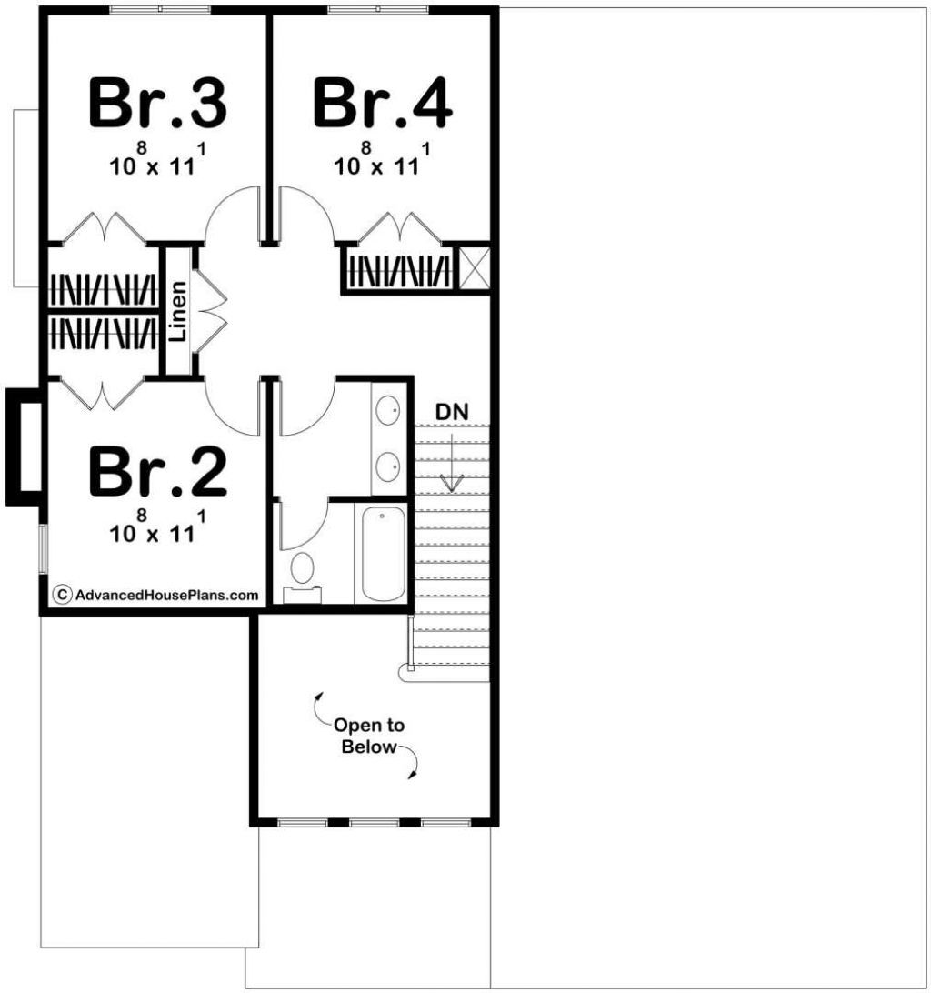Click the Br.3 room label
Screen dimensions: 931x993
point(157,103)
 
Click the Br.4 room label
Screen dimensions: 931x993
point(383,103)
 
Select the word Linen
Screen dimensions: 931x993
point(178,311)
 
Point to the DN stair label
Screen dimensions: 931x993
point(452,412)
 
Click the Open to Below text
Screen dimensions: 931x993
point(369,736)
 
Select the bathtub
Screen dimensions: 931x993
point(383,553)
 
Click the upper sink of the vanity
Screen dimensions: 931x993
point(387,410)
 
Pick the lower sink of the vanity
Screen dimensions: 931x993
point(387,466)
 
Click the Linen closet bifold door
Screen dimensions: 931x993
point(210,310)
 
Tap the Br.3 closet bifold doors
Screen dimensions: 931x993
point(104,228)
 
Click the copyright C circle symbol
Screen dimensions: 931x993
point(62,595)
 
